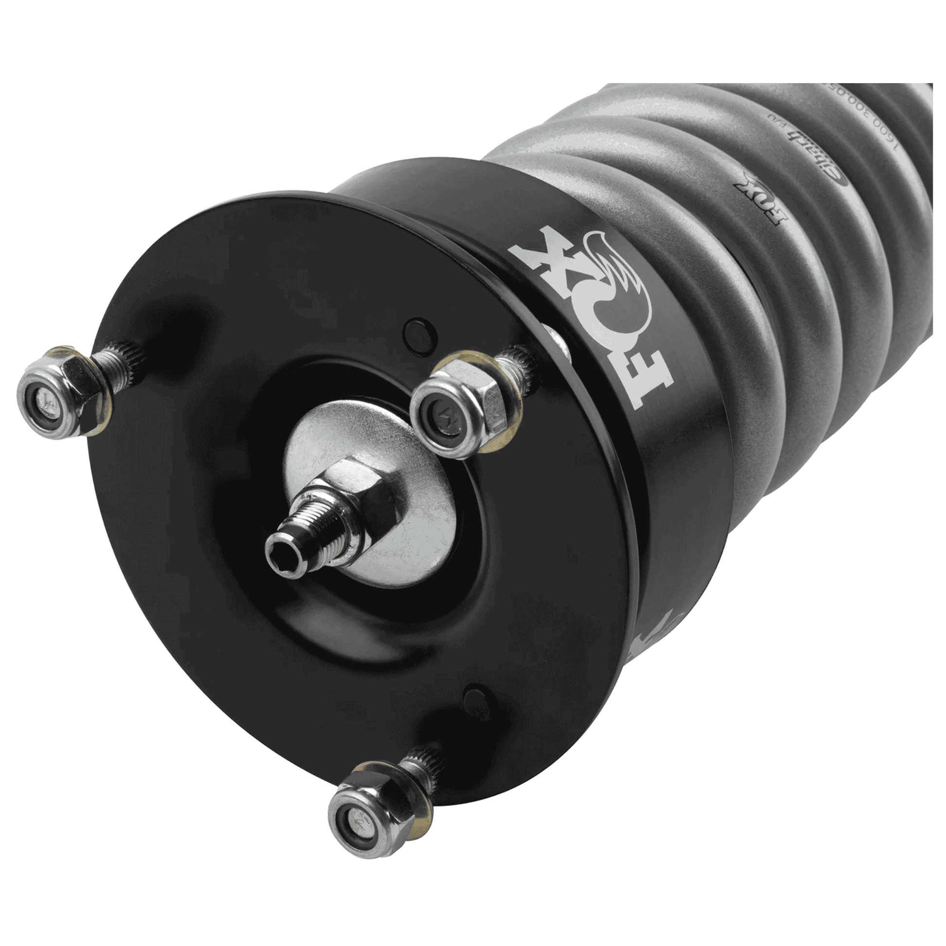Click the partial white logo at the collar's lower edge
pyautogui.click(x=654, y=636)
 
